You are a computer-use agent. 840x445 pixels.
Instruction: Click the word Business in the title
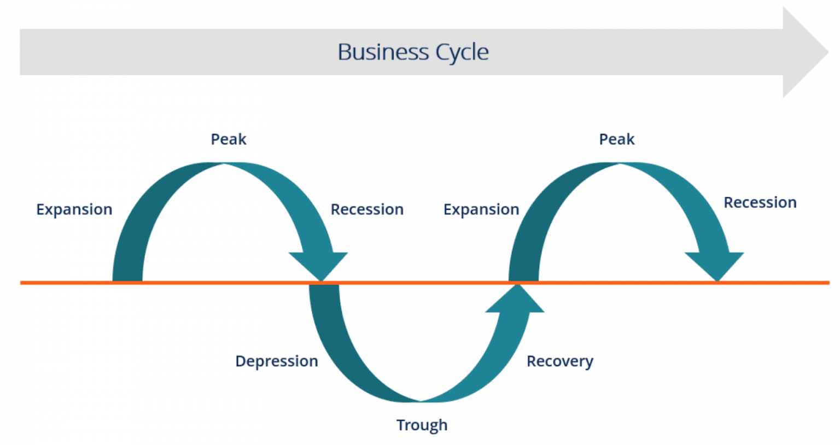point(383,52)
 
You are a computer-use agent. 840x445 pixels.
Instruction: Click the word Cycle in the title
point(462,52)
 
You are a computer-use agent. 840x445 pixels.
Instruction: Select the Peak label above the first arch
point(229,139)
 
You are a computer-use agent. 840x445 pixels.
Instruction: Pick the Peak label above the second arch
point(617,139)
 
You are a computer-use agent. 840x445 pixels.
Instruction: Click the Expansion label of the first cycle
point(74,209)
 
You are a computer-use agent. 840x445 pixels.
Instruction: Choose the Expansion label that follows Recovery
point(481,209)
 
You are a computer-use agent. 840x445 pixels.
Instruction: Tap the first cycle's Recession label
point(367,209)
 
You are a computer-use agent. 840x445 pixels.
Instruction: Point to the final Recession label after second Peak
point(760,203)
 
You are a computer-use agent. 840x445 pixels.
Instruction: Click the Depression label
point(277,361)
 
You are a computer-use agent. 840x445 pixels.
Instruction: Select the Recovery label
point(560,361)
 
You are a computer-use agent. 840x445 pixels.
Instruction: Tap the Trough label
point(422,425)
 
